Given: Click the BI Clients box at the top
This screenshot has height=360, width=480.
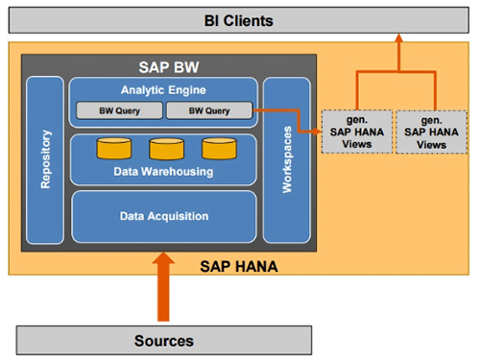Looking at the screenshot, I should coord(239,19).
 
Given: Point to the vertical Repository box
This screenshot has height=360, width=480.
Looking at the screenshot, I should coord(44,160).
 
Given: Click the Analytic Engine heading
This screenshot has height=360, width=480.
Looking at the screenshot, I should coord(162,91).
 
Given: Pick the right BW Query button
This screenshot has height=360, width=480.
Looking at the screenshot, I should coord(208,111).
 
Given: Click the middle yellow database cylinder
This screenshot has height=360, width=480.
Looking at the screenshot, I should coord(164,149).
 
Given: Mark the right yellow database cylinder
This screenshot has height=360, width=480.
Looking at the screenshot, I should coord(215,149).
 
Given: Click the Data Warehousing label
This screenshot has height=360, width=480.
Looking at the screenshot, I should coord(164,172).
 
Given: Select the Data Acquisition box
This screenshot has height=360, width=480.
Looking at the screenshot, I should coord(164,216).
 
